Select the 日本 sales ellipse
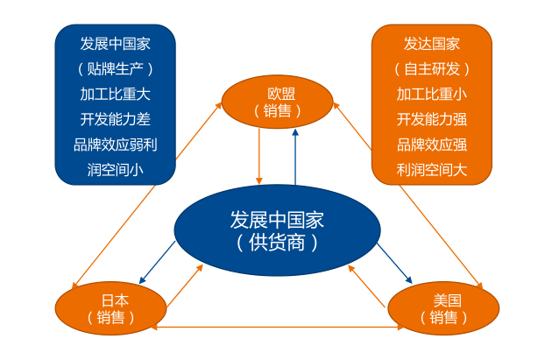110,308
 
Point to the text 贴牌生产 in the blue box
115,68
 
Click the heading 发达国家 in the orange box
431,44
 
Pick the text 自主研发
431,68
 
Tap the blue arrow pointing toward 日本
159,261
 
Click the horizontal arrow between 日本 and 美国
277,328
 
